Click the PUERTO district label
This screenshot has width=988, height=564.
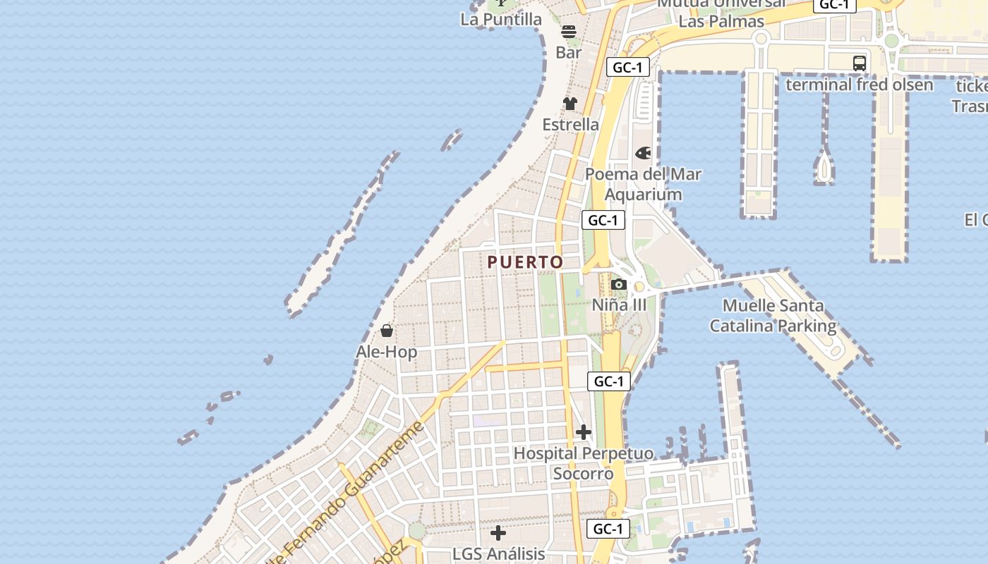pos(525,262)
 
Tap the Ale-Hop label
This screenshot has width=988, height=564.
pos(386,352)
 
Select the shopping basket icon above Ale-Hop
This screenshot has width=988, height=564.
pos(387,330)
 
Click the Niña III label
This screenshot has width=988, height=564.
pos(619,305)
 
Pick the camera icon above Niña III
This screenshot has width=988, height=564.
pos(619,284)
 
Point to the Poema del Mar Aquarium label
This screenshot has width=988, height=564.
pos(643,184)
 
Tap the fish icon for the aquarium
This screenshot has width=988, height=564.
pos(643,153)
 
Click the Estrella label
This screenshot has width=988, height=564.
pos(570,125)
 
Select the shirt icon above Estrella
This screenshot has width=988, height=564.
pos(570,104)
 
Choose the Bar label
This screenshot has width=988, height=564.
pos(569,52)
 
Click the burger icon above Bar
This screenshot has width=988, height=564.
pos(569,31)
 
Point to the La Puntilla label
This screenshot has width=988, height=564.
pos(501,20)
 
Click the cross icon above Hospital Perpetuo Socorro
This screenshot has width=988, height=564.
pos(584,432)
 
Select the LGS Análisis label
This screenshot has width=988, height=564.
pos(498,554)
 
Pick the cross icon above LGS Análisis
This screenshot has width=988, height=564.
pos(498,532)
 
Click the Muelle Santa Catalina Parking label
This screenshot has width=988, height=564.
pos(773,316)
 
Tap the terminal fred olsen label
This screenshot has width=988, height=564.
pos(859,85)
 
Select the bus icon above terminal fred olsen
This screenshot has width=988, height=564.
pos(860,63)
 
